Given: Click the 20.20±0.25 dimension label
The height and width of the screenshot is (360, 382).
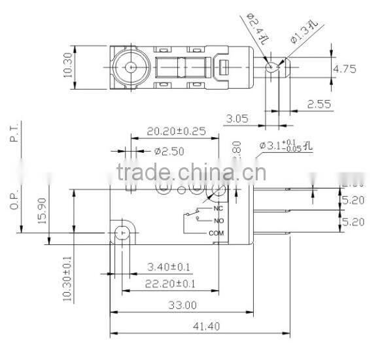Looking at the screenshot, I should point(176,131).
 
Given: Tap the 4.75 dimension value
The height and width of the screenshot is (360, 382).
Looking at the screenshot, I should point(344,69).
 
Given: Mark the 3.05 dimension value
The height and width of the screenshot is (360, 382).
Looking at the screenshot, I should point(238,119).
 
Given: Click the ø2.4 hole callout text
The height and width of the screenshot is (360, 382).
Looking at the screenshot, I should point(256,27).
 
